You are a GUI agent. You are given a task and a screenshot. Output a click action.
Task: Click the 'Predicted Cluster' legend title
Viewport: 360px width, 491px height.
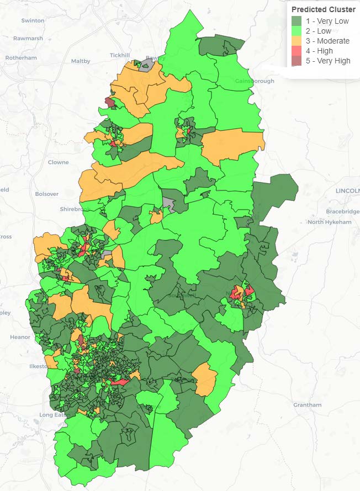coord(323,9)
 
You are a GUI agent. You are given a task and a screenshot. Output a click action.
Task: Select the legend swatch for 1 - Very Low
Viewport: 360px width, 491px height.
coord(297,22)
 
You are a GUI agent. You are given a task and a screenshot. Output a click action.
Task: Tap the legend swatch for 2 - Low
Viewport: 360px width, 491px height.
coord(297,31)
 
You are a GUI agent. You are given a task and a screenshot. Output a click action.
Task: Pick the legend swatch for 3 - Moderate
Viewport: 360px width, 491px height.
coord(297,41)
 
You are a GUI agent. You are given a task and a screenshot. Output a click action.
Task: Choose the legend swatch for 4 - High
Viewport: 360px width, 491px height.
coord(297,51)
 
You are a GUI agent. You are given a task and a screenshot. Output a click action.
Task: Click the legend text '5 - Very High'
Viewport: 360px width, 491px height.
coord(328,61)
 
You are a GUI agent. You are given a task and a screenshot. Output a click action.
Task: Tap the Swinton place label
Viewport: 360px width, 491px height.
coord(33,20)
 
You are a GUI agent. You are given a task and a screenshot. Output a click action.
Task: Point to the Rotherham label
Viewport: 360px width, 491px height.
coord(21,58)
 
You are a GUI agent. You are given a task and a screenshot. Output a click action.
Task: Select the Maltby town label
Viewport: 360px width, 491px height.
coord(81,61)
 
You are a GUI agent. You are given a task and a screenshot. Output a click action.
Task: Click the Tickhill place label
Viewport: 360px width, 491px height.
coord(119,55)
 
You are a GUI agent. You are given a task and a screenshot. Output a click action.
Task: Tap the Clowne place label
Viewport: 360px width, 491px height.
coord(59,162)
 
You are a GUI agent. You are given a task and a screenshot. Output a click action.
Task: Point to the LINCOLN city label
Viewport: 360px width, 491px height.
coord(347,190)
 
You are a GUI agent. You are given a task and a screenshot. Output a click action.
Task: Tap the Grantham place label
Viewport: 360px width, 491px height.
coord(308,404)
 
